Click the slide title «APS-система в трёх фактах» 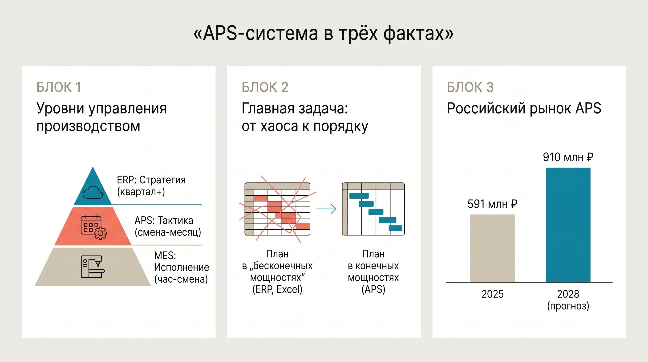pyautogui.click(x=324, y=33)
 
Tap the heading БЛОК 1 pyautogui.click(x=59, y=87)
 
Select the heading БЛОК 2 pyautogui.click(x=265, y=87)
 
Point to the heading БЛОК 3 pyautogui.click(x=470, y=87)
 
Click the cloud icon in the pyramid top pyautogui.click(x=93, y=193)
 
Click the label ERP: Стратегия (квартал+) pyautogui.click(x=151, y=186)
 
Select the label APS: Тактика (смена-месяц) pyautogui.click(x=168, y=226)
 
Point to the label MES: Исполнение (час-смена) pyautogui.click(x=181, y=267)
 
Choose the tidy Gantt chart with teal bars pyautogui.click(x=373, y=209)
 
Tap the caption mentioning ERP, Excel pyautogui.click(x=277, y=272)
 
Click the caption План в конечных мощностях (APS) pyautogui.click(x=373, y=272)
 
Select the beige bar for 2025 pyautogui.click(x=493, y=248)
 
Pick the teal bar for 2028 pyautogui.click(x=568, y=225)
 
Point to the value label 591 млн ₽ pyautogui.click(x=493, y=204)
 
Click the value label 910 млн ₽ pyautogui.click(x=568, y=157)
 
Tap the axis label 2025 pyautogui.click(x=493, y=294)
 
